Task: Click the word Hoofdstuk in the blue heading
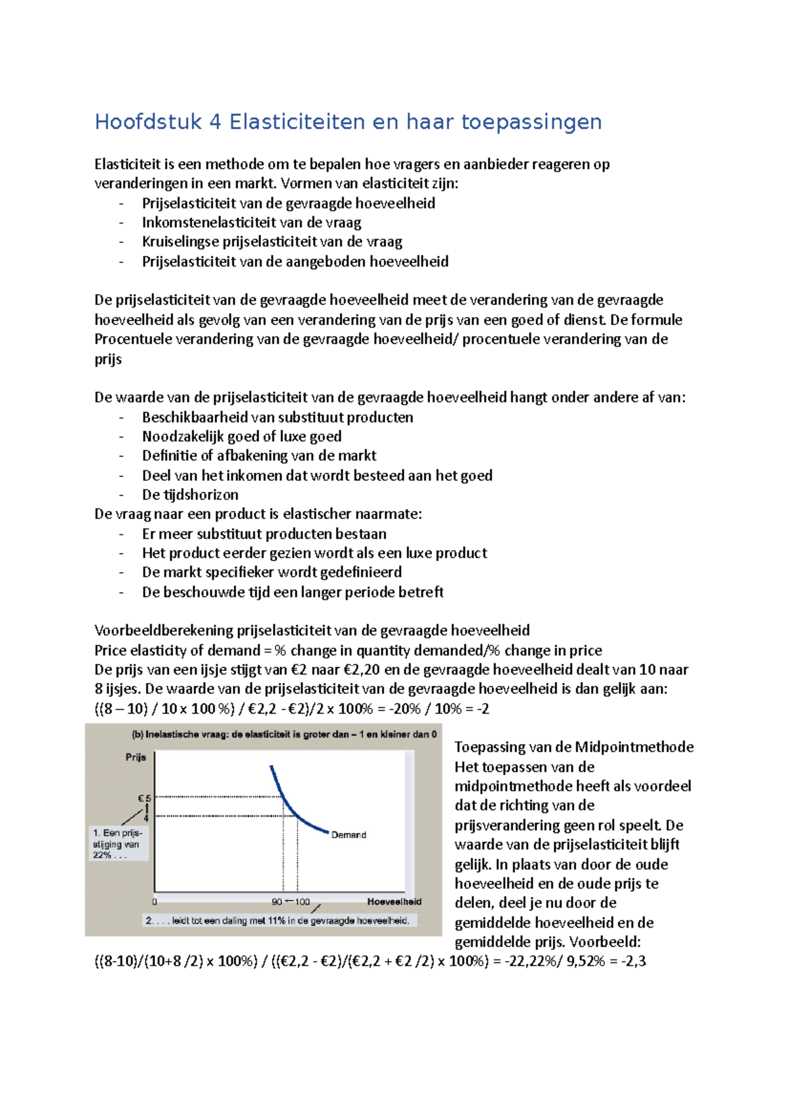[x=147, y=122]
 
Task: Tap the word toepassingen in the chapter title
[x=531, y=122]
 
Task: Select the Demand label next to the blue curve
[x=348, y=835]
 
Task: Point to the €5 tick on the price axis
[x=144, y=798]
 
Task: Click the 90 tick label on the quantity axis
[x=277, y=901]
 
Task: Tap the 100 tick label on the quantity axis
[x=302, y=901]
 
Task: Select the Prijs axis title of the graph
[x=135, y=757]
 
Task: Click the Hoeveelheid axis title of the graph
[x=394, y=901]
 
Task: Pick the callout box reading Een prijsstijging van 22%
[x=118, y=844]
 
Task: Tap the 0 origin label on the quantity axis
[x=155, y=902]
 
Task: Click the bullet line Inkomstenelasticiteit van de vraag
[x=251, y=222]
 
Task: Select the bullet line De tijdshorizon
[x=190, y=495]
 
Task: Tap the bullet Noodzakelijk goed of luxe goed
[x=241, y=436]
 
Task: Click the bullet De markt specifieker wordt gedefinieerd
[x=272, y=572]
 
